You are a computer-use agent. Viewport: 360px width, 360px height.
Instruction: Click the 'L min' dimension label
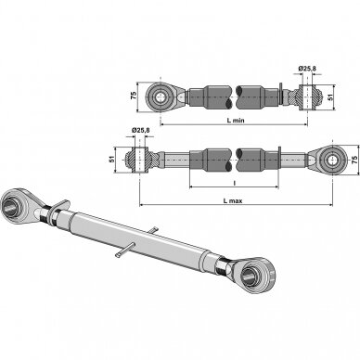[236, 121]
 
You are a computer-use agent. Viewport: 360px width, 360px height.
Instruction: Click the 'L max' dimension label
[233, 200]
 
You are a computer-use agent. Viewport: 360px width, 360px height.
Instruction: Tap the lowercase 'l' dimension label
[234, 184]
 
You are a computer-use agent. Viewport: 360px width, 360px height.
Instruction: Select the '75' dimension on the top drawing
[134, 96]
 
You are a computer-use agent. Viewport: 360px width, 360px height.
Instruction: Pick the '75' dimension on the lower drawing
[354, 160]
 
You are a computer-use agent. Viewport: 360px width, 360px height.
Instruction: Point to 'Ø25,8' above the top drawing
[307, 69]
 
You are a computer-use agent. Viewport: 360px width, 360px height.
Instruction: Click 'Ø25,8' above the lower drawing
[140, 131]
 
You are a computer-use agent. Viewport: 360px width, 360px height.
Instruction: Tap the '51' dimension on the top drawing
[330, 96]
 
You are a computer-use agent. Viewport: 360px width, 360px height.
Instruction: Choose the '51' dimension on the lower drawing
[112, 160]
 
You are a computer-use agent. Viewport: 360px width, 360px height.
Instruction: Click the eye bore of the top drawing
[161, 97]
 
